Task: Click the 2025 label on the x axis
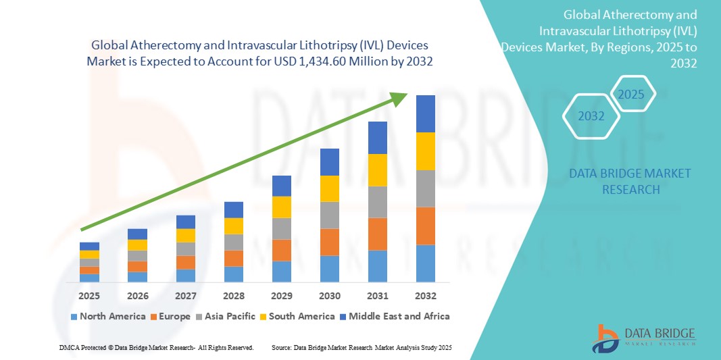coord(89,296)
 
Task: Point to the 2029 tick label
coord(281,296)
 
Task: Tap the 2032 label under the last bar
coord(426,296)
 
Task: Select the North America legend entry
coord(108,316)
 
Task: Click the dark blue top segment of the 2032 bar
coord(426,113)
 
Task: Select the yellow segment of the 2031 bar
coord(378,170)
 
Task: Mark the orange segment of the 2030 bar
coord(329,242)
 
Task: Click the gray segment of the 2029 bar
coord(281,228)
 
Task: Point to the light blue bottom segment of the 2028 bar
coord(233,274)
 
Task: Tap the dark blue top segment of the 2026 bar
coord(137,234)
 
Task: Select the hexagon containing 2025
coord(632,94)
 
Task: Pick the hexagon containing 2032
coord(591,116)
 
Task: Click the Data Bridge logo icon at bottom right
coord(605,338)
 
